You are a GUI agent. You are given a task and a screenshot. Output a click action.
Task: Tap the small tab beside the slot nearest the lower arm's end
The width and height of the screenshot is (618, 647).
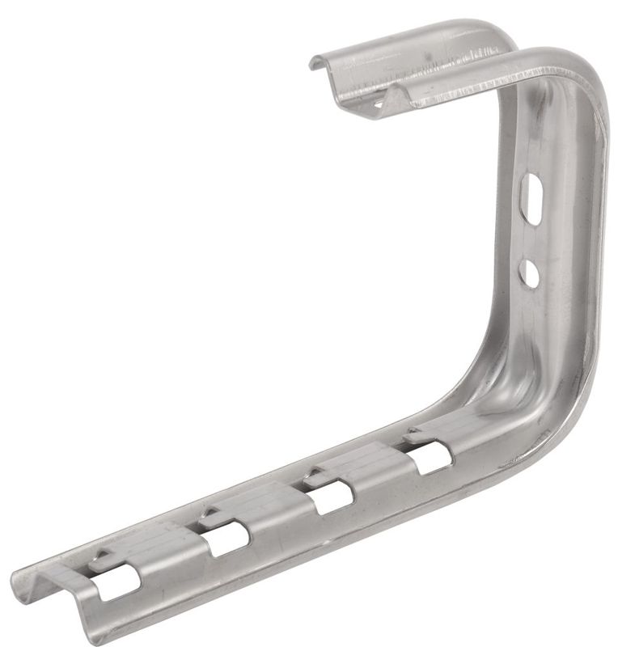(x=99, y=558)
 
